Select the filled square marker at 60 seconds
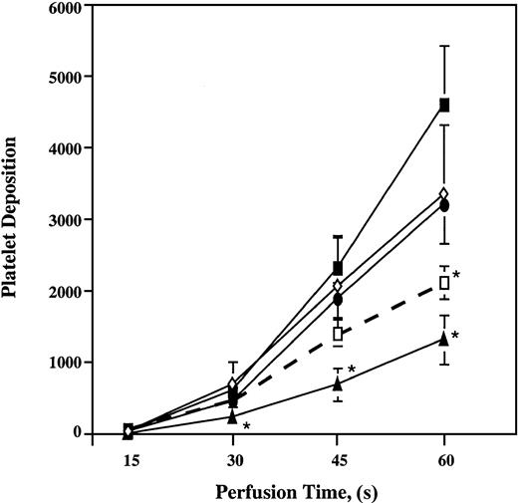tap(444, 105)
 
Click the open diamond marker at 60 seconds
tap(444, 193)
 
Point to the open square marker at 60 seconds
tap(444, 283)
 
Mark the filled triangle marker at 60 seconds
tap(444, 339)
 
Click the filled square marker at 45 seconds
tap(339, 268)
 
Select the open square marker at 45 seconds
tap(339, 334)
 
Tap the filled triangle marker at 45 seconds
tap(339, 382)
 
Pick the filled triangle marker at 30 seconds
tap(233, 416)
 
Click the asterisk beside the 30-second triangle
tap(246, 426)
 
